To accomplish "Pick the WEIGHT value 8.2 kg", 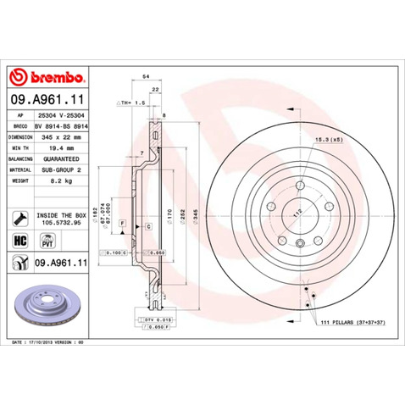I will (x=58, y=180).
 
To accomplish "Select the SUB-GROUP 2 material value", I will (x=64, y=169).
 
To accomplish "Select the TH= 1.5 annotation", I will (x=134, y=101).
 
